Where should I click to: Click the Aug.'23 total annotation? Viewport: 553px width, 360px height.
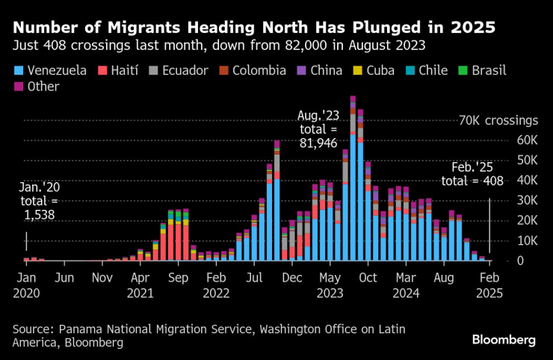(319, 130)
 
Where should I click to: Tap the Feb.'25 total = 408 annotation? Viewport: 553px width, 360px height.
(472, 174)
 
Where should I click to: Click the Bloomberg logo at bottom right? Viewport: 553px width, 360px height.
(503, 340)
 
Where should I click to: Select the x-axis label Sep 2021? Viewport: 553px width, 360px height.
(177, 285)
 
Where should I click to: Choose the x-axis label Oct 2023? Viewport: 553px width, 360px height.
(368, 285)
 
